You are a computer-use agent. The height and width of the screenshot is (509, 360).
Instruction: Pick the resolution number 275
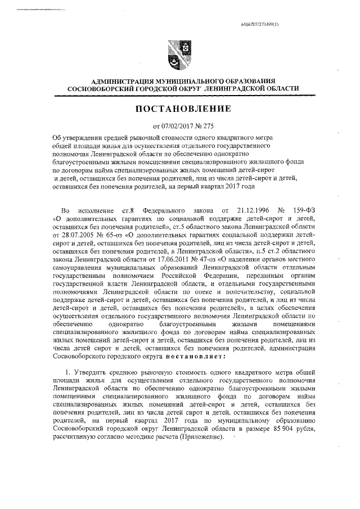(x=208, y=125)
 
